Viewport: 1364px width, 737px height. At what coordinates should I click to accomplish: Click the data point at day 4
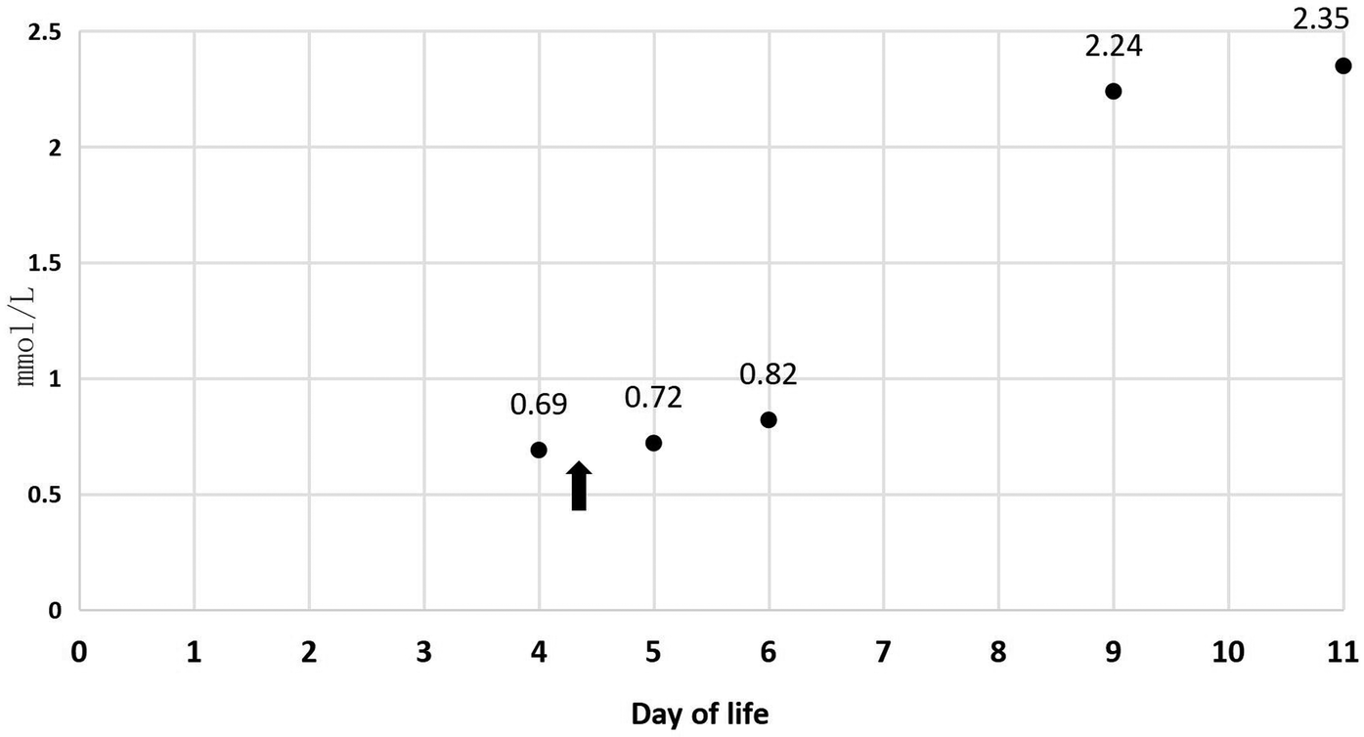coord(539,450)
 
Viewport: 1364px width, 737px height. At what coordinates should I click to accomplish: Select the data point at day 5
coord(654,443)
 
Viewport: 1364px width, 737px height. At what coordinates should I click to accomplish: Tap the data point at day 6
coord(769,419)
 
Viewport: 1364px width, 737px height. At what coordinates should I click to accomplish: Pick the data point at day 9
coord(1113,91)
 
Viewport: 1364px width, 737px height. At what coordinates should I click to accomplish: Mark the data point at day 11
coord(1342,65)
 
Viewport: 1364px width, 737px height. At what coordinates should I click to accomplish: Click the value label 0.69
coord(538,405)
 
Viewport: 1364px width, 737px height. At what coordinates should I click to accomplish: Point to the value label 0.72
coord(652,397)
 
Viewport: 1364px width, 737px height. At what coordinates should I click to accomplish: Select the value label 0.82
coord(768,374)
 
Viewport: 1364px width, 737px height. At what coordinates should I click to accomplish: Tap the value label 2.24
coord(1113,46)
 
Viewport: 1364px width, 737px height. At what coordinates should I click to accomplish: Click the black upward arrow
coord(579,486)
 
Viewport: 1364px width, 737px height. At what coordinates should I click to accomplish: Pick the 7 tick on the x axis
coord(884,652)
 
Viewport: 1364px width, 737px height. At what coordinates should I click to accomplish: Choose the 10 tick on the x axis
coord(1227,652)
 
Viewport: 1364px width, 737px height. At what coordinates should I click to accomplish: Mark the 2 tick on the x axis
coord(309,652)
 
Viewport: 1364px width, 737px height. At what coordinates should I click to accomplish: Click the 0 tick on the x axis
coord(79,652)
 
